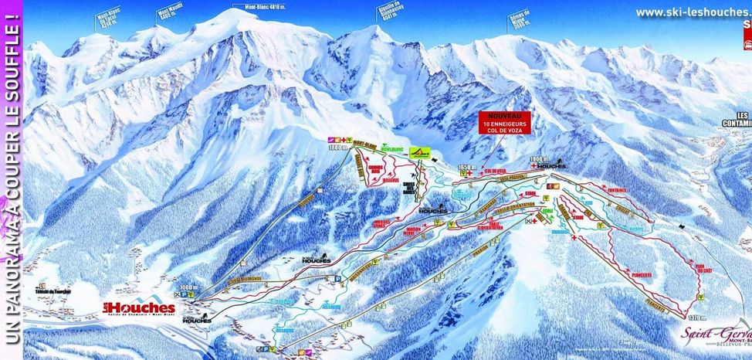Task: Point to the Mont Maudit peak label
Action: [x=174, y=16]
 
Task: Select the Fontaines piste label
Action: [x=615, y=190]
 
